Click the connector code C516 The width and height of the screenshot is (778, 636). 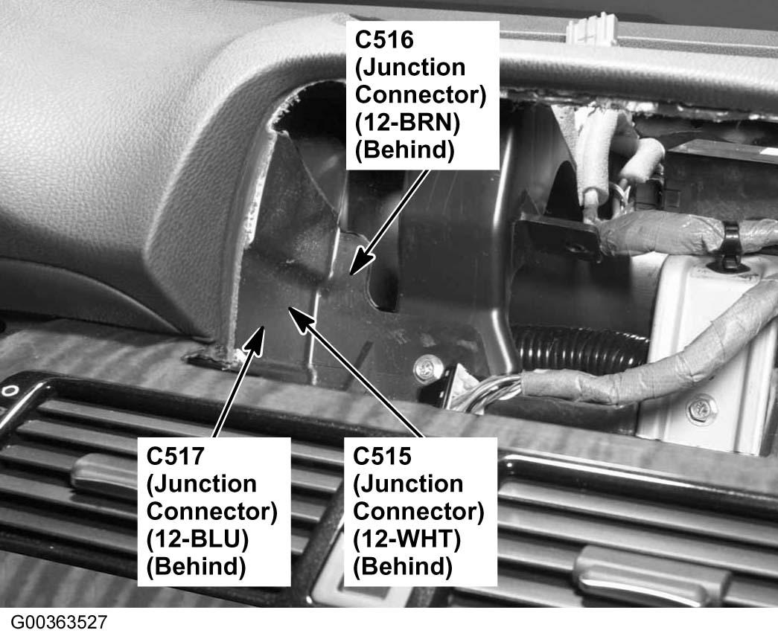point(384,39)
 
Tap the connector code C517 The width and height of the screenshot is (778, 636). point(175,455)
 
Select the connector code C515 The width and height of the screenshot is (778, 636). point(382,455)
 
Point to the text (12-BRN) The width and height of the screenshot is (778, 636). point(407,122)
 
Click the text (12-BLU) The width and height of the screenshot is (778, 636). point(197,539)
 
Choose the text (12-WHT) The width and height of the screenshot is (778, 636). point(406,539)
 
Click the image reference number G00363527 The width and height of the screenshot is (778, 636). point(59,622)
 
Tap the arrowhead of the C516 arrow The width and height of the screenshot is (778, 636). point(360,262)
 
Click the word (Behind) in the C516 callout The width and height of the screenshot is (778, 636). point(405,150)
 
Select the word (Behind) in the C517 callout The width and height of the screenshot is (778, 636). point(196,567)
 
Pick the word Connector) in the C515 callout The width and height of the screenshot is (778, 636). point(418,511)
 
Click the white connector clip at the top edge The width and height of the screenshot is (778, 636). point(591,30)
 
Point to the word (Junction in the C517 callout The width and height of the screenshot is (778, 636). point(202,484)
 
